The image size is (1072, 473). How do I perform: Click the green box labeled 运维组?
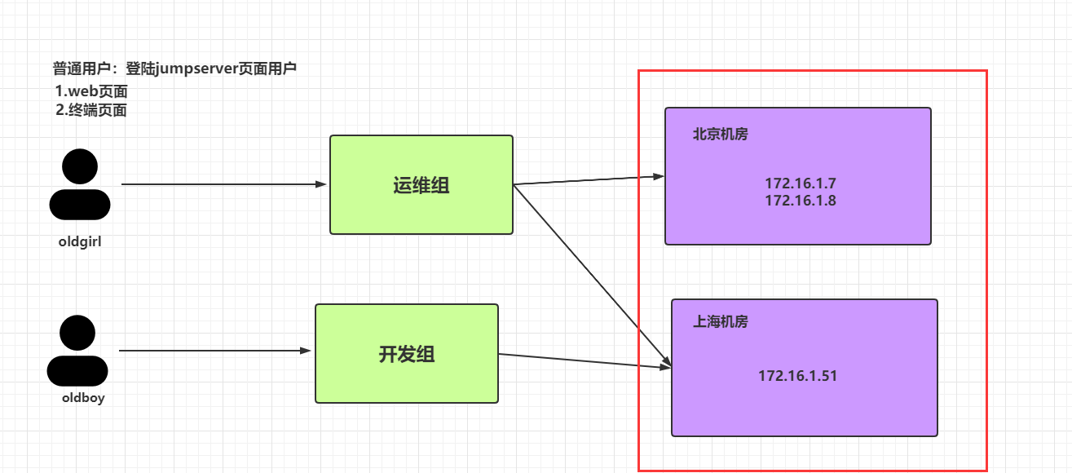coord(421,185)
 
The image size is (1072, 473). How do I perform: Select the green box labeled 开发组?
coord(406,353)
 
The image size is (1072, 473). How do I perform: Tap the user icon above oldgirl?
coord(80,186)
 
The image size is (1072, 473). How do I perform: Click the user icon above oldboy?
coord(77,351)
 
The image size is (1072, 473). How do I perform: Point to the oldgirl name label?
coord(80,241)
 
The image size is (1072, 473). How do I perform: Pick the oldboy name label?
coord(83,399)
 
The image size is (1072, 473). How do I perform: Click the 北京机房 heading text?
coord(720,135)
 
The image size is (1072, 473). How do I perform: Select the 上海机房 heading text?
coord(720,322)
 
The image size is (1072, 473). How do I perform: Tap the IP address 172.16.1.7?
coord(800,184)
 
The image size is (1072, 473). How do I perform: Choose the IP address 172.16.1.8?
coord(800,201)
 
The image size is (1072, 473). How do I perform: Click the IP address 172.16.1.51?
coord(797,376)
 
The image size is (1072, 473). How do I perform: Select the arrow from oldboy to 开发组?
coord(216,351)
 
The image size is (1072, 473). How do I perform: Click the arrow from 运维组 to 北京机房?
coord(589,180)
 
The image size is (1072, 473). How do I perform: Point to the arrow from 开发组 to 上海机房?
coord(584,360)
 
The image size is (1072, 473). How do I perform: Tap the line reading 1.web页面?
coord(91,91)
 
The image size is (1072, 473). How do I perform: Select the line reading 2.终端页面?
coord(91,110)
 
